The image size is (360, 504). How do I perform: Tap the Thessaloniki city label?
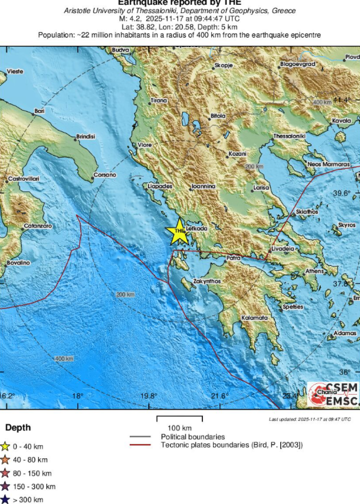289,136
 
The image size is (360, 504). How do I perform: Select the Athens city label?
314,271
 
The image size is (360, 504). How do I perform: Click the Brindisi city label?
85,137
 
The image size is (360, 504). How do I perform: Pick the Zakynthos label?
207,281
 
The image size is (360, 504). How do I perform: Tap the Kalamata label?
254,318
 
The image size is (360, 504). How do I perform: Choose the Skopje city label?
224,65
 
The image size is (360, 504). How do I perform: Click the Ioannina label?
203,186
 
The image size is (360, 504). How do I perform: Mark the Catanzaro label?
38,226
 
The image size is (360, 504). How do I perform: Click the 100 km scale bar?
180,418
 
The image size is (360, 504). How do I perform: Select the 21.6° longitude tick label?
220,396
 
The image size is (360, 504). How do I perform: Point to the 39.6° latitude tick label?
342,193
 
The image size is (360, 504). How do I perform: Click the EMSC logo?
333,394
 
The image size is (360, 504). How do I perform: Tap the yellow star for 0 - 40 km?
5,446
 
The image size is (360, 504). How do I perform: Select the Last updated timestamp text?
310,419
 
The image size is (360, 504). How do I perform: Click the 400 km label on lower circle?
64,359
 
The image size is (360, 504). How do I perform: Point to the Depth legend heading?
18,428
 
